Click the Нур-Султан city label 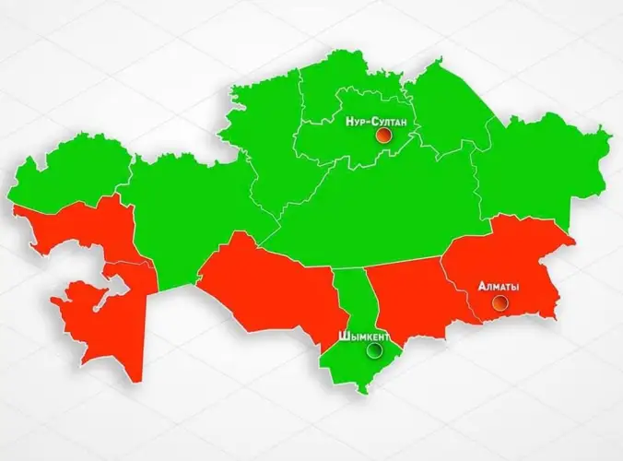click(x=376, y=121)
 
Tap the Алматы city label click(x=499, y=287)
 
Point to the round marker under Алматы click(x=499, y=302)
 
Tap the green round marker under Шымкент click(x=373, y=350)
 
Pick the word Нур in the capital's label click(x=355, y=121)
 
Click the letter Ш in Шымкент click(x=343, y=337)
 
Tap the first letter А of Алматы click(x=481, y=287)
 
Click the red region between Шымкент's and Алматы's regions click(x=406, y=295)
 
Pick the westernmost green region click(x=69, y=175)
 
